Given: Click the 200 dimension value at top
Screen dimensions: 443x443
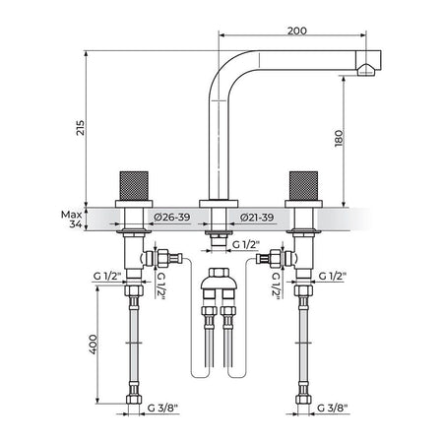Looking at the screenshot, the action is (297, 31).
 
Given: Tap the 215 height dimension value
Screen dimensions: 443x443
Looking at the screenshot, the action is (81, 128).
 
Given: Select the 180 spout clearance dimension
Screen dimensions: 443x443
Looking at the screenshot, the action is (339, 139).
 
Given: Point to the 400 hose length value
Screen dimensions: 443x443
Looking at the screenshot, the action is (94, 345).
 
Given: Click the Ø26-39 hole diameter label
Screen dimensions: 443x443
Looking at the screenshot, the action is (172, 217).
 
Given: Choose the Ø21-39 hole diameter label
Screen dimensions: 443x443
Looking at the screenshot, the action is (257, 218).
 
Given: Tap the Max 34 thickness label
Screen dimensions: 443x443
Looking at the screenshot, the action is (72, 220).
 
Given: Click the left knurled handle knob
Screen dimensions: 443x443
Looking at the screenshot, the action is (134, 186).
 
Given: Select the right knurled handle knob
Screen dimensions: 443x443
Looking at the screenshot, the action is (303, 186).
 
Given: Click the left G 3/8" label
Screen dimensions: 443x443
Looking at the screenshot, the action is (162, 408).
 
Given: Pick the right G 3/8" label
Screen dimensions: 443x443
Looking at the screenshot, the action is (333, 408).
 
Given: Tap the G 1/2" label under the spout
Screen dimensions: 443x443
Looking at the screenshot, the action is (246, 244).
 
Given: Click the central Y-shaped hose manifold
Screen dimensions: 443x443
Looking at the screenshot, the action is (219, 283).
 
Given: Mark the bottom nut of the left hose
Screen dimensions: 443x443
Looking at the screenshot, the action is (134, 399).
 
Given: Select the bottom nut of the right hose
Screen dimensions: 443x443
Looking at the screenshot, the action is (303, 399).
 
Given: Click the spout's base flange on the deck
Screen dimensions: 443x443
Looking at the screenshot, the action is (219, 204).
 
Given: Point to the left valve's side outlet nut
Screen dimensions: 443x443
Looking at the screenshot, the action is (162, 258).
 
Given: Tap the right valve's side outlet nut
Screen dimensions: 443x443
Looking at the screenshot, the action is (275, 258).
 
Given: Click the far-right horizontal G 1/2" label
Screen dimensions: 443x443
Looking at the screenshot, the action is (333, 277).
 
